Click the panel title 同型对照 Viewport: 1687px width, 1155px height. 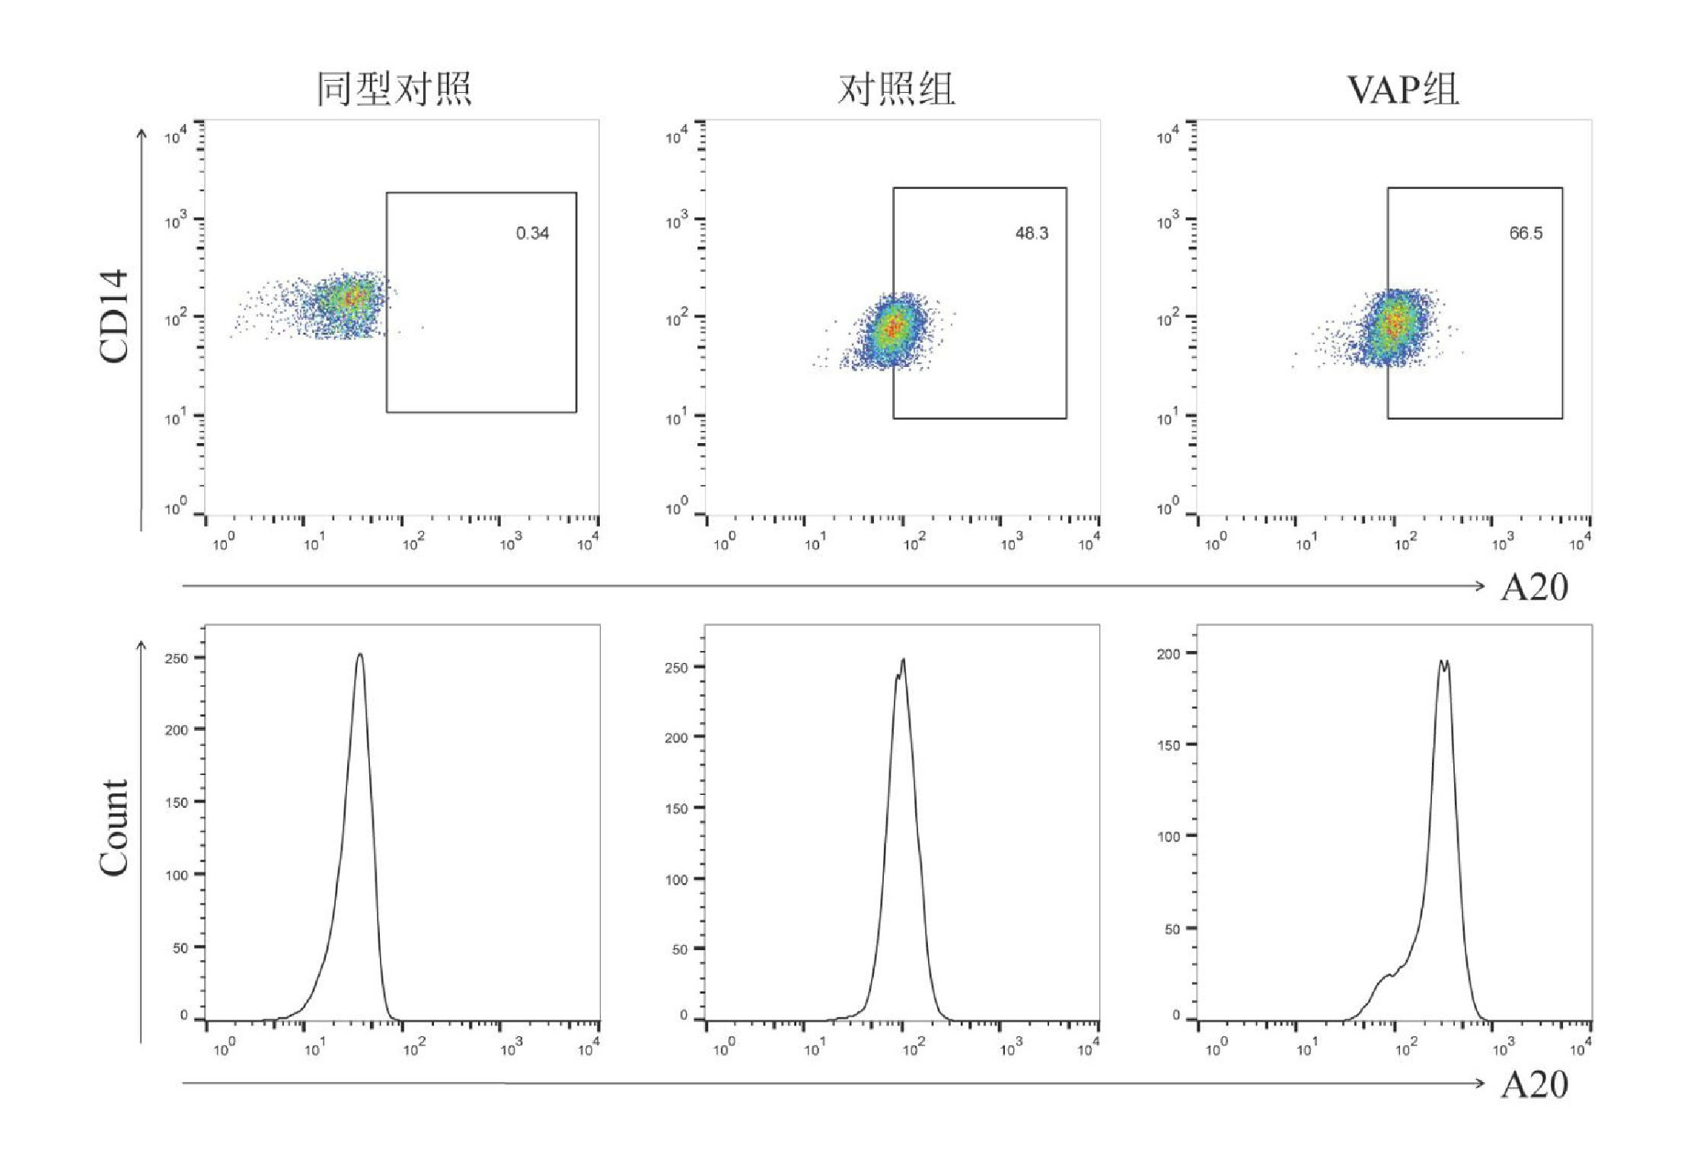click(394, 89)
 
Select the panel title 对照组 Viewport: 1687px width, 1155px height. click(896, 89)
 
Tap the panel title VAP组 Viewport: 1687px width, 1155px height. click(1402, 89)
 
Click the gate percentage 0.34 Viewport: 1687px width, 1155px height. click(532, 233)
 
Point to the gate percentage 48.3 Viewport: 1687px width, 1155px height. click(1032, 233)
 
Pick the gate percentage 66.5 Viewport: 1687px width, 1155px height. click(1526, 233)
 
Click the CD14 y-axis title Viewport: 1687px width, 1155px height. click(114, 316)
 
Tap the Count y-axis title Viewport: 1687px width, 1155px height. click(114, 828)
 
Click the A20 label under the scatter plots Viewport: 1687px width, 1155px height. click(1534, 587)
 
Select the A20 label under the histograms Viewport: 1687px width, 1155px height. click(1534, 1084)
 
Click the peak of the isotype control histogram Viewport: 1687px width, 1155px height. click(360, 654)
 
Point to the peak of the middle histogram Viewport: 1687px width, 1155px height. click(903, 660)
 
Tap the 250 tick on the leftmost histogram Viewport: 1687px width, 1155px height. click(177, 658)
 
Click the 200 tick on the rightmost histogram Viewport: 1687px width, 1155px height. click(1169, 654)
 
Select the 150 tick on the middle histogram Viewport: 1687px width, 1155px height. click(676, 809)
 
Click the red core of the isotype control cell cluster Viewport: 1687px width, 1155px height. click(351, 298)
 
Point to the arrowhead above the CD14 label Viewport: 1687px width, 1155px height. click(142, 133)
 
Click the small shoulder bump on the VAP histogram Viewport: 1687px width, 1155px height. click(1387, 975)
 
